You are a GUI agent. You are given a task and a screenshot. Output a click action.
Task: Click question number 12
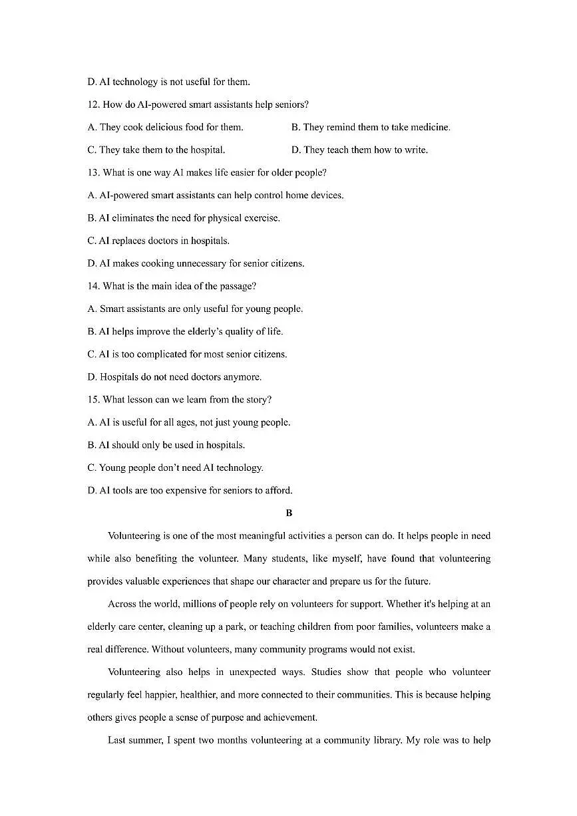(x=93, y=104)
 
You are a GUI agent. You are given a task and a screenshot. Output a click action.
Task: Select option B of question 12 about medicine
(x=370, y=127)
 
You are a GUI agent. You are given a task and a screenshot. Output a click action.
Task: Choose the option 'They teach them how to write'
(x=359, y=150)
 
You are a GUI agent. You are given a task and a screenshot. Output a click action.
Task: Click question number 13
(x=93, y=172)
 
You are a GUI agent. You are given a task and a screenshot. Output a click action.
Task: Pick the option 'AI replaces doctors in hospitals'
(x=158, y=241)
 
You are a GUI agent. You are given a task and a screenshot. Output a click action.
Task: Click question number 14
(x=93, y=286)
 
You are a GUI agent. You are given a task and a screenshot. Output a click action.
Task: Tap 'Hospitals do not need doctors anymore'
(x=174, y=377)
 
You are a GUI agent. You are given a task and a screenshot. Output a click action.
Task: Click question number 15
(x=93, y=400)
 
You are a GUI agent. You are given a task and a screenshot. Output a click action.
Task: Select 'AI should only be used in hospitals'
(x=166, y=445)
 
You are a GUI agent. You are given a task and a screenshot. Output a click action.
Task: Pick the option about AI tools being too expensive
(x=190, y=491)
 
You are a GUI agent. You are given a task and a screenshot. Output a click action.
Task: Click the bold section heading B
(x=288, y=513)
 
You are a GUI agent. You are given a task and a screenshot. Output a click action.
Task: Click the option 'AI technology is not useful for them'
(x=168, y=82)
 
